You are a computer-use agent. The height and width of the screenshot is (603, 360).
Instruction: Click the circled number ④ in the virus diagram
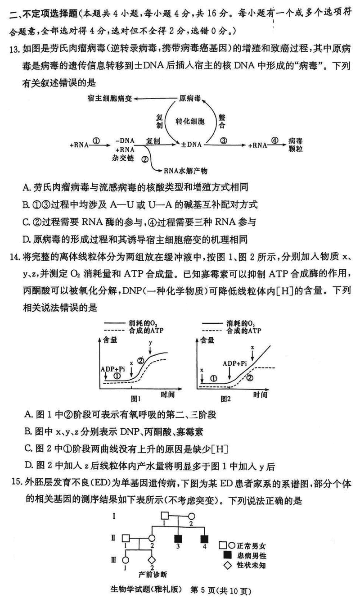tap(275, 140)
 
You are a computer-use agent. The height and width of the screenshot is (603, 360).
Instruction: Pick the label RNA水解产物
tap(186, 170)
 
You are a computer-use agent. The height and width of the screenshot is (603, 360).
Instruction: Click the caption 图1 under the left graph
tap(136, 398)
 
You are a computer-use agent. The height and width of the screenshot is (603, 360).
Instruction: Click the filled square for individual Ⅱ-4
tap(205, 539)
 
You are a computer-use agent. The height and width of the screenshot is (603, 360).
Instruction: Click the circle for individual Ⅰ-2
tap(191, 516)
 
